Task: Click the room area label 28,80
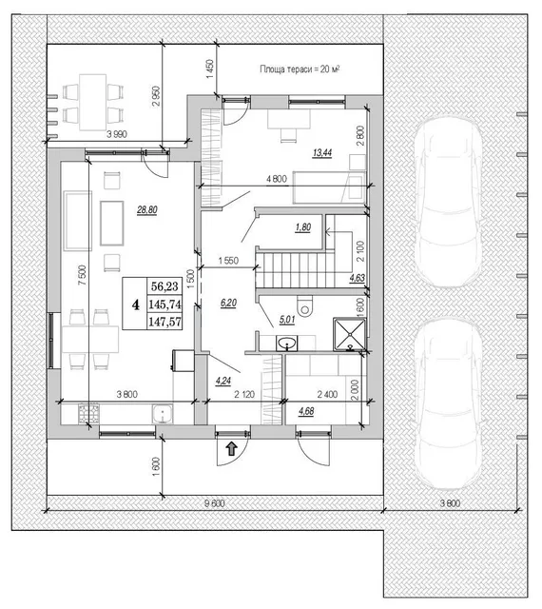click(x=147, y=210)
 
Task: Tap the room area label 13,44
click(x=322, y=152)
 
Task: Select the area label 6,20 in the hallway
click(x=228, y=303)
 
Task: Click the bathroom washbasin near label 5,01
click(x=286, y=344)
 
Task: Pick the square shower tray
click(x=349, y=334)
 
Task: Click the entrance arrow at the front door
click(x=232, y=448)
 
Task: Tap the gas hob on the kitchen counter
click(x=89, y=414)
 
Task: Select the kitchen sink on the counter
click(x=163, y=414)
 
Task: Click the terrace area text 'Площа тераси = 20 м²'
click(x=300, y=69)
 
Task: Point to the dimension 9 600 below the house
click(x=215, y=503)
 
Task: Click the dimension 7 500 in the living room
click(x=82, y=275)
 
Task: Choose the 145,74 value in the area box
click(x=165, y=304)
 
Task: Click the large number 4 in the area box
click(x=135, y=304)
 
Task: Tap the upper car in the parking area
click(x=448, y=202)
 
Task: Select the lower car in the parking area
click(x=448, y=403)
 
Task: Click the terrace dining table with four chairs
click(x=93, y=103)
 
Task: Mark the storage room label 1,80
click(x=302, y=227)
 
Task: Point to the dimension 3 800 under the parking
click(x=451, y=503)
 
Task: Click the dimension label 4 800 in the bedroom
click(x=277, y=179)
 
